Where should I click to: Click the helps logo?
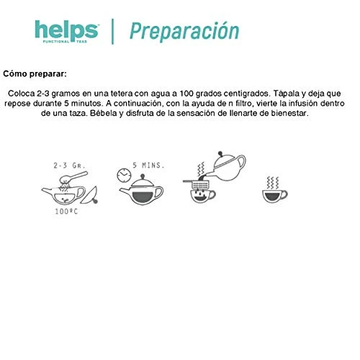[66, 32]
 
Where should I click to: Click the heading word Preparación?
[184, 32]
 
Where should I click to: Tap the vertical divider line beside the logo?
[112, 32]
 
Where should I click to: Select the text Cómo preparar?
[35, 73]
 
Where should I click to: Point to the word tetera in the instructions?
[122, 94]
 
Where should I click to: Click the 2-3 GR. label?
[69, 166]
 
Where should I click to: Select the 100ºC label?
[66, 212]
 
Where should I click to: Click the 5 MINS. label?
[148, 166]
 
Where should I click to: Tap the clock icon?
[124, 175]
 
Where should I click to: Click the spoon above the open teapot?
[73, 177]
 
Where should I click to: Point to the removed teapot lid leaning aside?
[89, 196]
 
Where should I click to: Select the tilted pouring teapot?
[225, 167]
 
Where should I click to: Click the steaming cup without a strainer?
[274, 190]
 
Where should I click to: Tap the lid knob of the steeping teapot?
[143, 176]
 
